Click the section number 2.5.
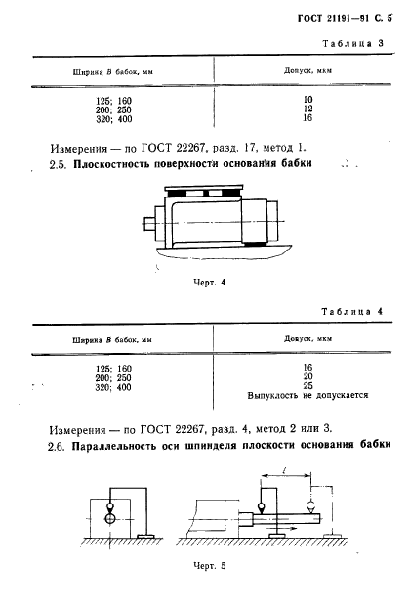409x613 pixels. pyautogui.click(x=57, y=165)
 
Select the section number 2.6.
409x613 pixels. pyautogui.click(x=57, y=451)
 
